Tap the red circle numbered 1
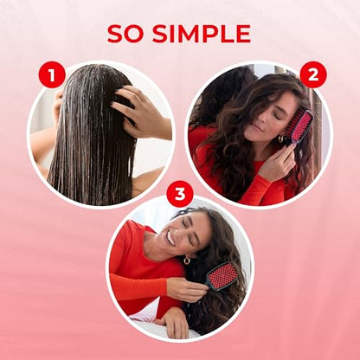[51, 74]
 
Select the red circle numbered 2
[312, 74]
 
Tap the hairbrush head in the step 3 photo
[223, 276]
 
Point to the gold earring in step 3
[186, 260]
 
